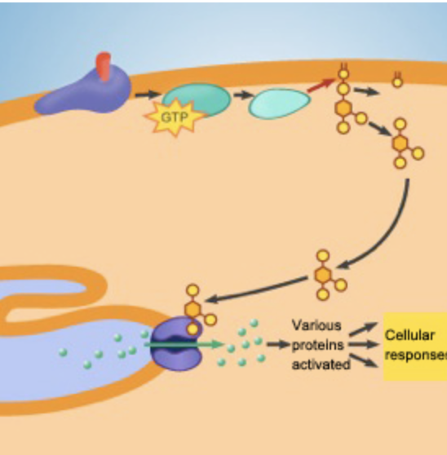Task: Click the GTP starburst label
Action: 174,119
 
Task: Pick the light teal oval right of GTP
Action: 278,104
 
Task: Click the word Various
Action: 316,325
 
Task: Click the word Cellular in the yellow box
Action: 405,335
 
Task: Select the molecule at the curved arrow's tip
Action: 326,274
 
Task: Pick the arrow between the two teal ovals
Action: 241,95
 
